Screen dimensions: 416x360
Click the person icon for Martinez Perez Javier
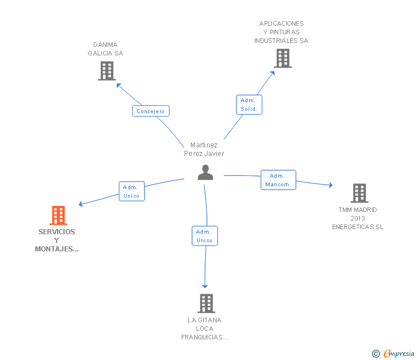(x=205, y=173)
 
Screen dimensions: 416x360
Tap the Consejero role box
(x=151, y=111)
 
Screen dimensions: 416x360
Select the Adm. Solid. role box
(x=249, y=105)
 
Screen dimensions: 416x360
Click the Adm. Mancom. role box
(x=278, y=180)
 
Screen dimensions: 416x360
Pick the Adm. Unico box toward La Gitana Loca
(x=205, y=236)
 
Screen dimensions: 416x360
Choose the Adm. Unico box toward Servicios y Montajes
(x=131, y=191)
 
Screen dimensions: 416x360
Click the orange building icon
(x=58, y=215)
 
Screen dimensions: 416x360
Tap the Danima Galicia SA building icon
(x=107, y=71)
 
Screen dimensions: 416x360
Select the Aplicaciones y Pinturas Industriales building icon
(x=283, y=58)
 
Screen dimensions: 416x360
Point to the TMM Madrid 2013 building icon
(x=359, y=193)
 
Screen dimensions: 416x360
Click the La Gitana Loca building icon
(x=206, y=303)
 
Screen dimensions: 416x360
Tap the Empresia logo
(x=399, y=353)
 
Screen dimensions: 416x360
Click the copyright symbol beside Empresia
(x=375, y=354)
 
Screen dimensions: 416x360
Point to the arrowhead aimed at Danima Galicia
(x=118, y=85)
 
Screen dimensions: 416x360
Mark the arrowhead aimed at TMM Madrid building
(x=331, y=185)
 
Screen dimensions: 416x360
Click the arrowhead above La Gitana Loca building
(x=205, y=286)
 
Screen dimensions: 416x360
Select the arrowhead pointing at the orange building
(x=81, y=204)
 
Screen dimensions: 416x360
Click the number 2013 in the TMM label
(x=358, y=218)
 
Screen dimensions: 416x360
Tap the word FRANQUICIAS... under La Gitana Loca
(x=205, y=337)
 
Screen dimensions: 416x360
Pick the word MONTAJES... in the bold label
(x=57, y=249)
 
